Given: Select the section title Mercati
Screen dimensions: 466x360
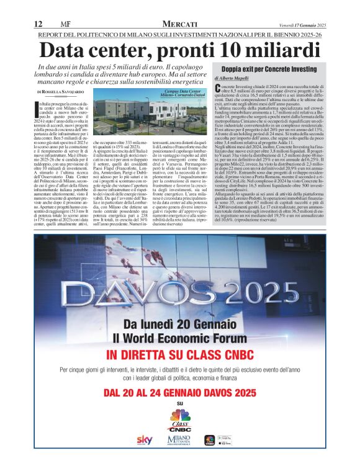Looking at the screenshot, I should click(x=179, y=24).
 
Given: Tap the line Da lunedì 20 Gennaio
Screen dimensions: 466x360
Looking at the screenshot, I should click(x=180, y=325).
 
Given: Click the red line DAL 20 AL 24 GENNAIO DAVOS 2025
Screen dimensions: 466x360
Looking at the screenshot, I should click(x=180, y=393).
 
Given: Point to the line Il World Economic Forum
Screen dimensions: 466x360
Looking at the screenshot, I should click(x=180, y=338).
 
